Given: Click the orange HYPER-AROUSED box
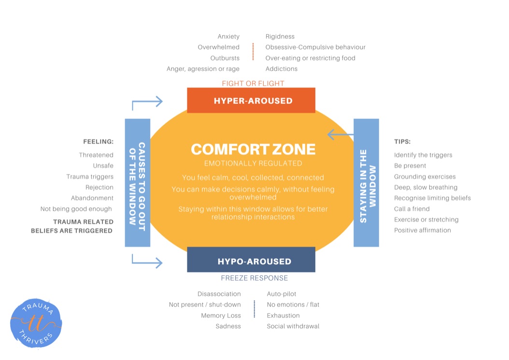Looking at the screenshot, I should pyautogui.click(x=251, y=101).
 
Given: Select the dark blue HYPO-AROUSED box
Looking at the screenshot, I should pyautogui.click(x=251, y=260).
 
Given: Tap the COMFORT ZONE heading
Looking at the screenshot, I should pyautogui.click(x=253, y=149).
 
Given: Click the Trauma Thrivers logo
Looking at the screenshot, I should pyautogui.click(x=36, y=323).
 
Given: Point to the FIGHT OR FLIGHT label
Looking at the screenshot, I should pyautogui.click(x=253, y=84).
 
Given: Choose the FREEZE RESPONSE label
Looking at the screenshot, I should pyautogui.click(x=254, y=278).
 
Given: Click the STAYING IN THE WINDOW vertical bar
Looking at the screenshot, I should pyautogui.click(x=366, y=183).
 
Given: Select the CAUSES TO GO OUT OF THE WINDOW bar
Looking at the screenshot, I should pyautogui.click(x=137, y=183).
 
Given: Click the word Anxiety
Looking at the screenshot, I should pyautogui.click(x=228, y=37).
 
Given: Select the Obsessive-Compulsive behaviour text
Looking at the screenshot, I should pyautogui.click(x=315, y=47).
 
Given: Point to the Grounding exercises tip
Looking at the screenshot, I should pyautogui.click(x=425, y=176).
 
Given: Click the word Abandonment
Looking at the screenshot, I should pyautogui.click(x=92, y=198).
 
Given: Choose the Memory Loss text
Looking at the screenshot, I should pyautogui.click(x=221, y=316).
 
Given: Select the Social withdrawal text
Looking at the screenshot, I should pyautogui.click(x=293, y=326).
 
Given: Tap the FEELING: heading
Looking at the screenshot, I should pyautogui.click(x=99, y=142).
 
